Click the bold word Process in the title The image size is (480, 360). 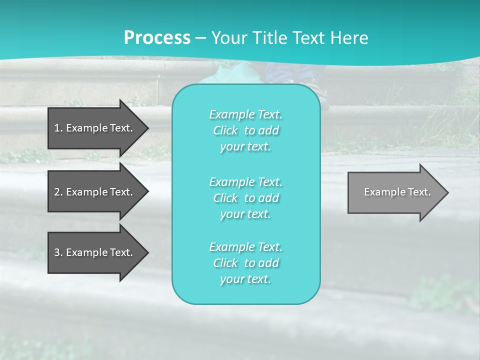[x=157, y=38]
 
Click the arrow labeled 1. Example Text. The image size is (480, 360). [x=95, y=128]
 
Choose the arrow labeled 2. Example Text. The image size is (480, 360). [x=95, y=192]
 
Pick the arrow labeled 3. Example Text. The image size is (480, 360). [x=95, y=252]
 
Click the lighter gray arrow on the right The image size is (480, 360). [x=395, y=192]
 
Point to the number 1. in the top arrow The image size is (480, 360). [x=58, y=128]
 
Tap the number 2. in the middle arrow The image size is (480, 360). [x=58, y=192]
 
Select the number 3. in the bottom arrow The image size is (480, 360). [x=58, y=252]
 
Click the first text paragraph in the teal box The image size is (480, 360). [x=245, y=130]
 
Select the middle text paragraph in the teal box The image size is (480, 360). [x=245, y=197]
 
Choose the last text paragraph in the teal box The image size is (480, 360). [x=245, y=263]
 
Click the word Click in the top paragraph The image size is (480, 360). [x=225, y=131]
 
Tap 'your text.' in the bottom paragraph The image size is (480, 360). [x=245, y=279]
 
